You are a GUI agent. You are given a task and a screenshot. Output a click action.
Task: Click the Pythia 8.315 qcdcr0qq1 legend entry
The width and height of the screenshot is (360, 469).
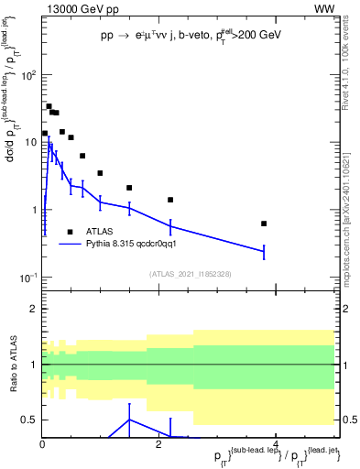(137, 244)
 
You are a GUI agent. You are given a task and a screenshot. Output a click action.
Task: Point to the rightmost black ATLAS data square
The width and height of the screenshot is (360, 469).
(264, 224)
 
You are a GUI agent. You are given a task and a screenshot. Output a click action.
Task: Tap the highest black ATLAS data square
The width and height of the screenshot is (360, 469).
(49, 106)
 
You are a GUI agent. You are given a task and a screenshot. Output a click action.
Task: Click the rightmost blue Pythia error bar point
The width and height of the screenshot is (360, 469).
(264, 250)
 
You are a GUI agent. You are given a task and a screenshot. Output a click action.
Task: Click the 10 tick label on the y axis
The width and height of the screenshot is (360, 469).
(27, 142)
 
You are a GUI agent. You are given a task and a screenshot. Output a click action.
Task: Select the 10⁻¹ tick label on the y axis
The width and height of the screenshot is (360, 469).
(26, 277)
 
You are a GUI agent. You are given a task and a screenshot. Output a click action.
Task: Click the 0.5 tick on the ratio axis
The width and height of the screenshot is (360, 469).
(28, 420)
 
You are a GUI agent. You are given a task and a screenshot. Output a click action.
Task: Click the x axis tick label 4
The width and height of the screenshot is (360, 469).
(276, 444)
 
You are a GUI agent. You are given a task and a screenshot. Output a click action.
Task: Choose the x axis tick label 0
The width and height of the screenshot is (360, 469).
(42, 444)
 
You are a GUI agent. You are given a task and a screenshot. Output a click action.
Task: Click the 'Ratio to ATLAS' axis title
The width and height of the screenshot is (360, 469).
(12, 364)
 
